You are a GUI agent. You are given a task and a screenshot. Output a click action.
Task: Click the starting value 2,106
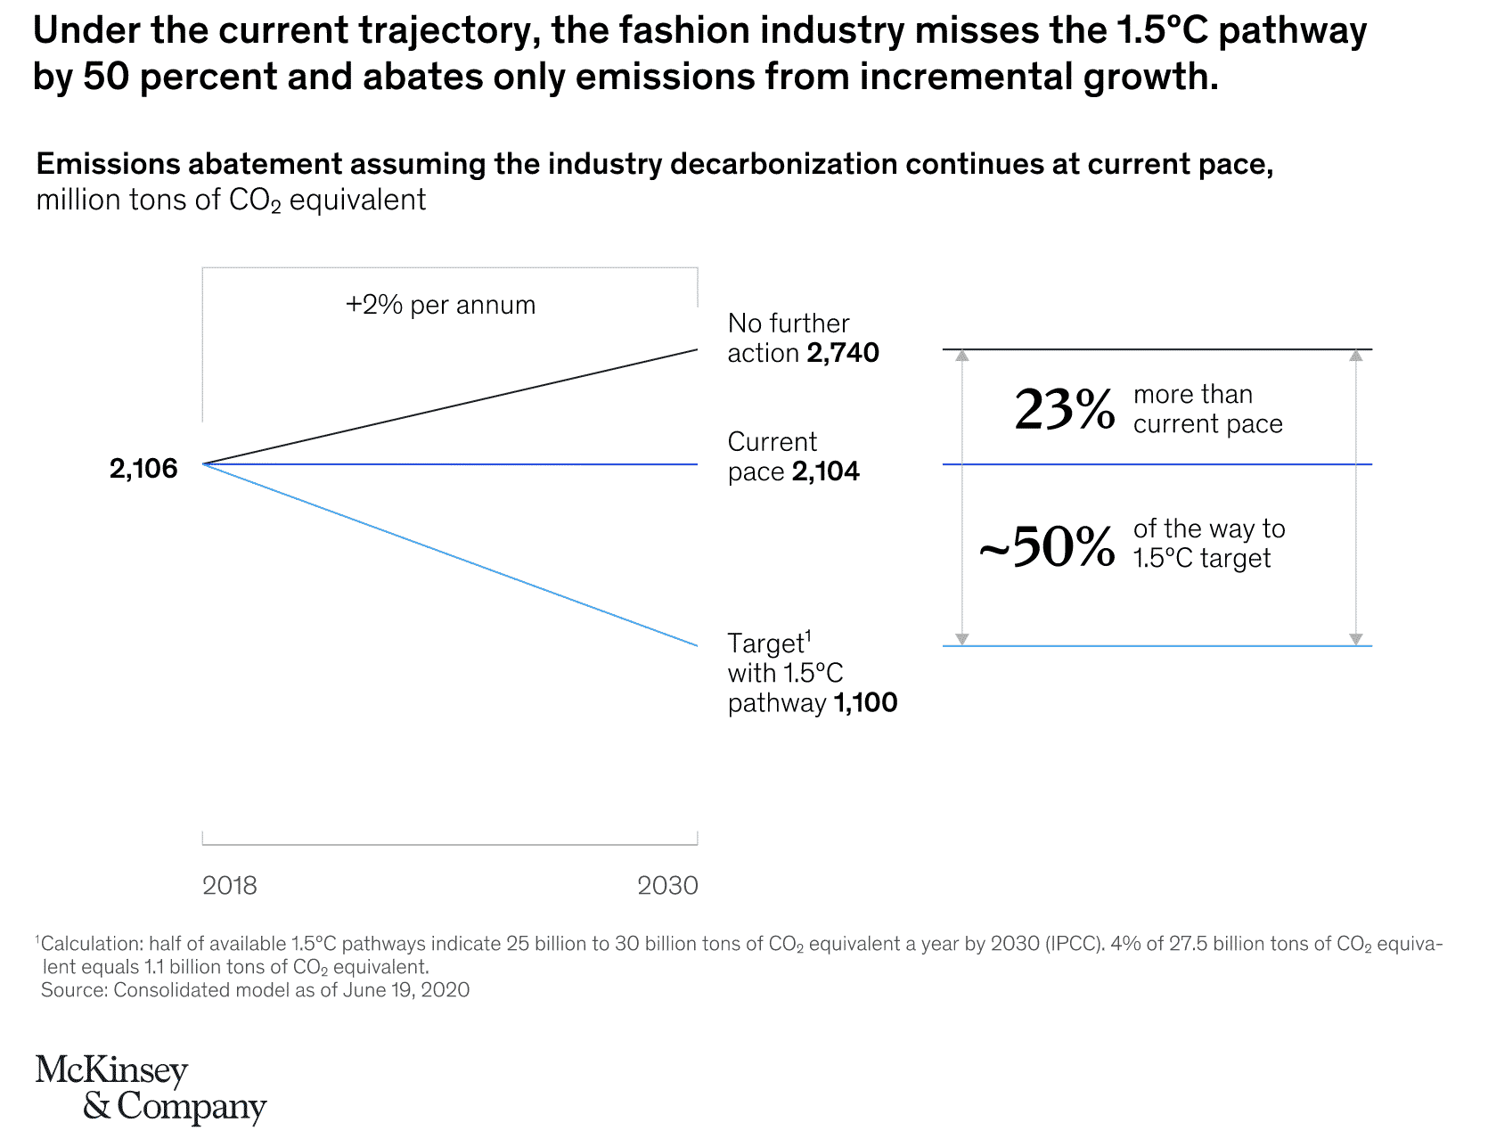click(143, 469)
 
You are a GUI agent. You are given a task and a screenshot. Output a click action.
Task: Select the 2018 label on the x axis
click(230, 886)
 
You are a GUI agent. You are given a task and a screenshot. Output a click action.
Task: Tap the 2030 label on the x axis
click(667, 886)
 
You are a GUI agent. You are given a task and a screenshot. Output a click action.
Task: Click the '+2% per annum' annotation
click(440, 306)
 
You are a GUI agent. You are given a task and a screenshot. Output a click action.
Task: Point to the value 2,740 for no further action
click(843, 354)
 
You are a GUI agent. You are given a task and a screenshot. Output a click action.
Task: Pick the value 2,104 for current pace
click(826, 472)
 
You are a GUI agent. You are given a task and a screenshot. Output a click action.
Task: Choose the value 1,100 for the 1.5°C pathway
click(865, 704)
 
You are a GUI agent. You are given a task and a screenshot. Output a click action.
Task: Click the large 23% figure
click(1065, 411)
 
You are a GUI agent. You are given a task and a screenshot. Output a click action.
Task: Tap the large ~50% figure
click(1047, 546)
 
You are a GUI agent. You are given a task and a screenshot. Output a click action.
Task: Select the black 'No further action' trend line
click(450, 407)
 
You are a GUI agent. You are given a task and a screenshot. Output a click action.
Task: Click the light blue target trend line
click(450, 554)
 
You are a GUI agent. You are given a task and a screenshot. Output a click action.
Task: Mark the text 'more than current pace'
click(1207, 410)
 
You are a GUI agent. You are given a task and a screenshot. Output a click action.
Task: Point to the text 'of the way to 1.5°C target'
click(1209, 544)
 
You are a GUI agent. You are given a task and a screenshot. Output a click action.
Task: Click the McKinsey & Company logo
click(151, 1089)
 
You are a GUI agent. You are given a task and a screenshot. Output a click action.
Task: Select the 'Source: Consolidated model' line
click(255, 990)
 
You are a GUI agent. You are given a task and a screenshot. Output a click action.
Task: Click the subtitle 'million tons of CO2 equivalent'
click(231, 201)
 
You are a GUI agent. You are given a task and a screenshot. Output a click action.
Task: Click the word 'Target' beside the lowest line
click(765, 643)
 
